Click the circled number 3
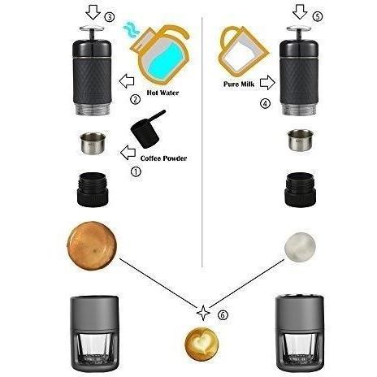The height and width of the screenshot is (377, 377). pos(110,17)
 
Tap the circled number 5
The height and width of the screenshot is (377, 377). pos(318,16)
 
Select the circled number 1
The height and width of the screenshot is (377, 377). pos(136,171)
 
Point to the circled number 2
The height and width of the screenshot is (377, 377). pos(136,99)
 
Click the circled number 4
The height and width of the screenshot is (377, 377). pos(265,103)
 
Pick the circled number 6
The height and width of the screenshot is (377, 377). pos(223,315)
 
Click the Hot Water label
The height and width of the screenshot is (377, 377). pos(162,93)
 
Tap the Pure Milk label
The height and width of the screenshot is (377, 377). pos(239,84)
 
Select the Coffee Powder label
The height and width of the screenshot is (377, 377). pos(163,158)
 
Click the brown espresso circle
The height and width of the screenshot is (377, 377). pos(92,246)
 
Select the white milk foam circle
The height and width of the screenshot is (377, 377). pos(300,247)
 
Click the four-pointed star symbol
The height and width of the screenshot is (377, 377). pos(203,313)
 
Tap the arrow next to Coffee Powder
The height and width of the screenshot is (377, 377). pos(128,153)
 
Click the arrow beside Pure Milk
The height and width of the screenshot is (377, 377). pos(267,82)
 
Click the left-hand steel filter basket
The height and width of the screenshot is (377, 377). pos(93,144)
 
